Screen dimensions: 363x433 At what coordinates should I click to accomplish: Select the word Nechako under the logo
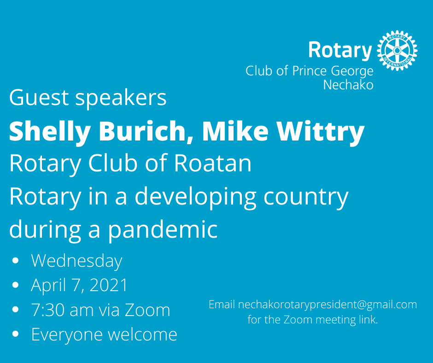coord(348,85)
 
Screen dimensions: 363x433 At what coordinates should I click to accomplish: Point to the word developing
coord(195,197)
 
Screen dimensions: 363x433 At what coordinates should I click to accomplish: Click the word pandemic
coord(163,229)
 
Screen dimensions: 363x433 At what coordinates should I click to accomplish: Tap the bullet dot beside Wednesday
coord(16,261)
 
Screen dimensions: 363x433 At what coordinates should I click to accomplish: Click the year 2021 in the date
coord(109,286)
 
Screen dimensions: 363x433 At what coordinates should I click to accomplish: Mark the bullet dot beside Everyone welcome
coord(16,334)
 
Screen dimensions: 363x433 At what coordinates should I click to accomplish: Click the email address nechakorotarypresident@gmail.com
coord(328,304)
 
